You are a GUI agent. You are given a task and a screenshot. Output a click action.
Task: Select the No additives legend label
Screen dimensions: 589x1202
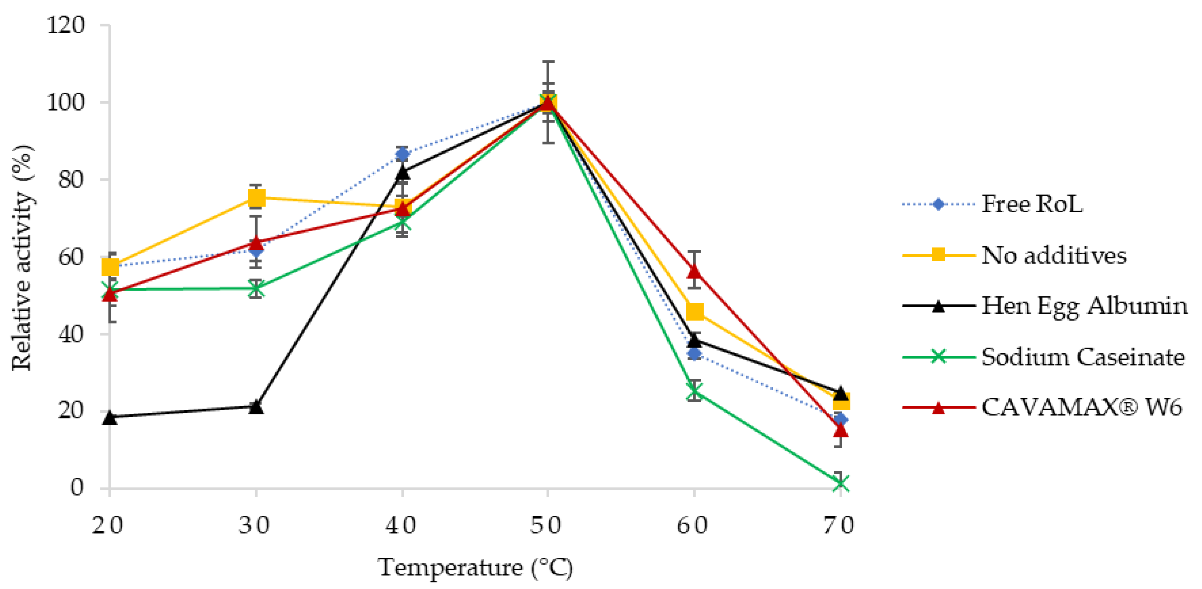point(1053,255)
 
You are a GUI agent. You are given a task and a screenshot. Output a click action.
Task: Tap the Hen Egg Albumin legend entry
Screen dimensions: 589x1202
point(1084,306)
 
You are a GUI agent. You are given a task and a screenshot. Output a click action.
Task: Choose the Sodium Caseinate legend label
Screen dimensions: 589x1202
point(1083,357)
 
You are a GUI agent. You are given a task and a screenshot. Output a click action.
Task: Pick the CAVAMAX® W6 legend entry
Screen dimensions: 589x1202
point(1081,408)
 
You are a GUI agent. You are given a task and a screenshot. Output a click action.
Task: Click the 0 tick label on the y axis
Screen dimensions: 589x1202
point(77,488)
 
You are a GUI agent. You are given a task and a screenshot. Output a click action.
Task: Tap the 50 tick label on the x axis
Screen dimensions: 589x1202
point(546,526)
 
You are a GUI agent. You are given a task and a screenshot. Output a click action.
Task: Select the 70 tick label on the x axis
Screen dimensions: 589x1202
point(839,526)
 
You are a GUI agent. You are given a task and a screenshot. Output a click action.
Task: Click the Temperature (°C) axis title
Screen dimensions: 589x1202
point(475,568)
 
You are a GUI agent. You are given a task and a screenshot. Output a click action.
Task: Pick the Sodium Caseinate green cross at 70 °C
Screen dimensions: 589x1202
point(840,483)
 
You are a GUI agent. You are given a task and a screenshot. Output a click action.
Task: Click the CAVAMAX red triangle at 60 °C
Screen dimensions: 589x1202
point(694,271)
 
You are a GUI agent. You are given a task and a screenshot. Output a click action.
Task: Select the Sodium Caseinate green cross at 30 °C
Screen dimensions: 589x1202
point(256,289)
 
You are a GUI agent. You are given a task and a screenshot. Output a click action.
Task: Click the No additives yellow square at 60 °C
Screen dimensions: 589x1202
point(695,311)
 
